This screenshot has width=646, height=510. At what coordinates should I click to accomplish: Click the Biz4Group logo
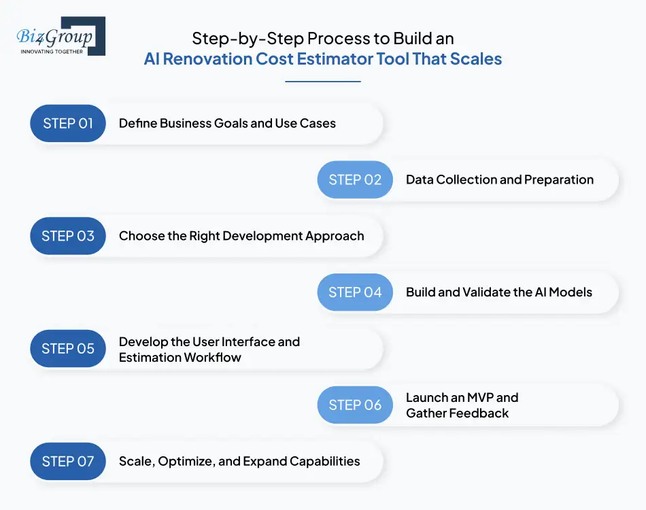point(60,35)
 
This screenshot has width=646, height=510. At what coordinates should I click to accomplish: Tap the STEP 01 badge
point(68,124)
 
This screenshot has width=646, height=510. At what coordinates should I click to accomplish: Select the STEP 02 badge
point(355,180)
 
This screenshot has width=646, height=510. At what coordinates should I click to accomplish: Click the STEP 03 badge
point(68,237)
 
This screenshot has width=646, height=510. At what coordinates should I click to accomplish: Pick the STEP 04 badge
point(355,292)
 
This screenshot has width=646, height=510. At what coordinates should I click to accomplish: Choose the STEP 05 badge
point(68,349)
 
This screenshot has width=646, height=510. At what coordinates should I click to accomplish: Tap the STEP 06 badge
point(355,405)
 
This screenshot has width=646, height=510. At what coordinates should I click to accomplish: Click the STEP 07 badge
point(68,462)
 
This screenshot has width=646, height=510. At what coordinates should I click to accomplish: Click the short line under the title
point(323,82)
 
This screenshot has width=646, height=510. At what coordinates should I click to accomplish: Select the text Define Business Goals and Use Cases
point(227,124)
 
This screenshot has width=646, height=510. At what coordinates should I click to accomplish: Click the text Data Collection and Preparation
point(500,180)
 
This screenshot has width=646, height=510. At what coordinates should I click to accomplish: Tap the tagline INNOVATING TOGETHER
point(51,51)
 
